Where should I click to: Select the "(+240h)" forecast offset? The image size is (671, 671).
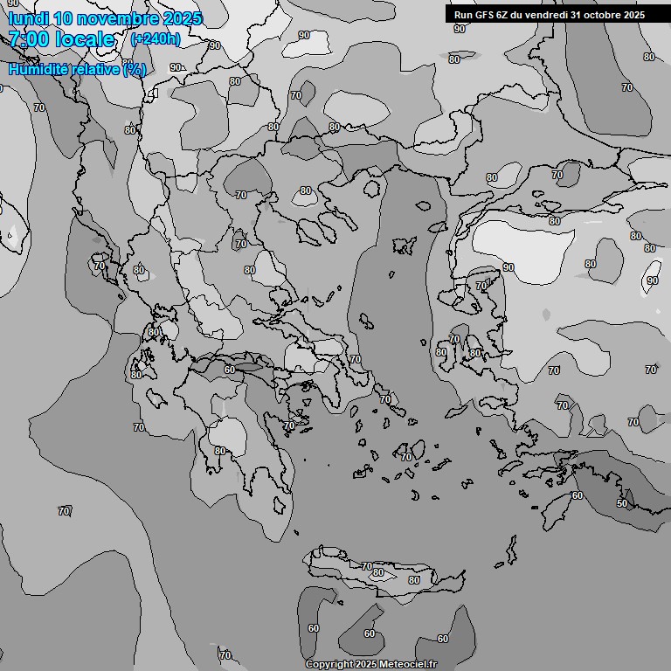(x=156, y=39)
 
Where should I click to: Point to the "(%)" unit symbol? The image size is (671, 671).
(x=135, y=69)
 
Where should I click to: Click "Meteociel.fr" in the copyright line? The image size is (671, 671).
(x=407, y=665)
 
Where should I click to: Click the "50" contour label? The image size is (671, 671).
(x=622, y=504)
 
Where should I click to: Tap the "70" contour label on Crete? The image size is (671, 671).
(x=366, y=567)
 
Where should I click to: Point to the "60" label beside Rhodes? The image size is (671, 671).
(x=577, y=495)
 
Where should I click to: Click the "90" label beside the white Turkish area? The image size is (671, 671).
(x=508, y=267)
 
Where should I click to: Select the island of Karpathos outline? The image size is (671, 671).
(x=511, y=550)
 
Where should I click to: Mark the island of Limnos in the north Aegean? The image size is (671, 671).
(x=403, y=246)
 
